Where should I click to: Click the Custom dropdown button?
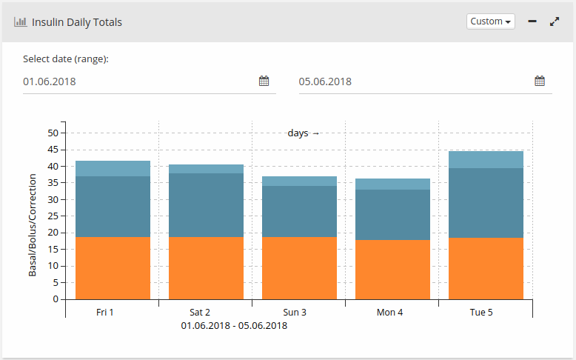491,21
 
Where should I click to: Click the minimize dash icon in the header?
532,21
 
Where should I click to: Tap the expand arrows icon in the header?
555,21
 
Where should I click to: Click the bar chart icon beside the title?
20,22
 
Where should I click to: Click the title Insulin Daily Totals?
77,22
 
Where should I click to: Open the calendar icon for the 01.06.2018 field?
264,81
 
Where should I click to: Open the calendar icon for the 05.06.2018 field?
540,81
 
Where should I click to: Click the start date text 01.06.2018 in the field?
50,81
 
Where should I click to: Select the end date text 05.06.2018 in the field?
325,81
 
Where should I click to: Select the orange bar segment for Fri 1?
113,267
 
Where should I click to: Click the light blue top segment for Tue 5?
486,159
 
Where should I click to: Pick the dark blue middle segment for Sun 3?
299,211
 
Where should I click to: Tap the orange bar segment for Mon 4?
392,269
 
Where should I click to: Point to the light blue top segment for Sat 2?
206,169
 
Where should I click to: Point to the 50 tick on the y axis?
53,133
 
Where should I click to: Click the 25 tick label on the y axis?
53,216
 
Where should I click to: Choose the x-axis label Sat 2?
200,313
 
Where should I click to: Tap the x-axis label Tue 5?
481,313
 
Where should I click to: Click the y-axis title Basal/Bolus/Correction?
33,225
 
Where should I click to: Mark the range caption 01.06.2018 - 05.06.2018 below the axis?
234,325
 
